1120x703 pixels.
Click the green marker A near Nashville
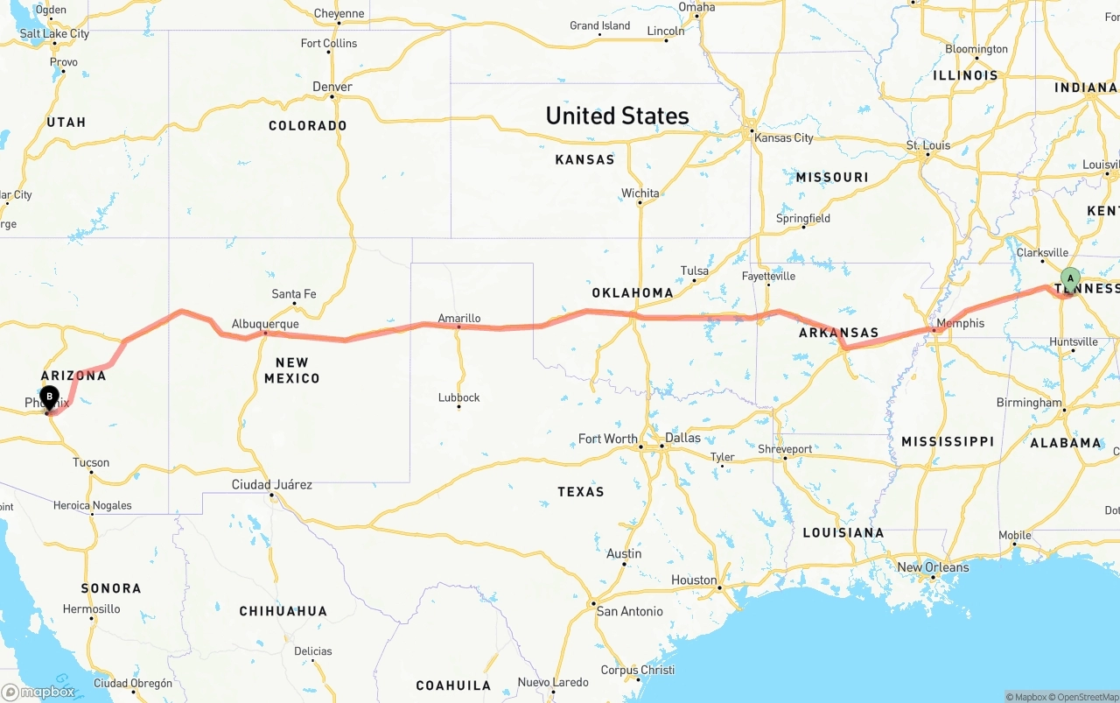point(1069,279)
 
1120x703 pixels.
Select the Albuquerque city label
point(265,324)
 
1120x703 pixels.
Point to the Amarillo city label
point(459,319)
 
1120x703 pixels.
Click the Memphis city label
point(960,323)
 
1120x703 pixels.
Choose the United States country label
point(617,116)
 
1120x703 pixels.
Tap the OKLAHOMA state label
point(633,292)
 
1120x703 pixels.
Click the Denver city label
point(332,87)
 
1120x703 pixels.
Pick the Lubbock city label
point(459,397)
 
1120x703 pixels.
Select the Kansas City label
point(783,137)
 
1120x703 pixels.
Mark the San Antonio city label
point(629,611)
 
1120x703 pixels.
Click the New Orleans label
point(933,567)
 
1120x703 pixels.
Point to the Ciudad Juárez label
point(271,484)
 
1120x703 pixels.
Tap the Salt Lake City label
point(54,34)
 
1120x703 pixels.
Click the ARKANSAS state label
point(838,333)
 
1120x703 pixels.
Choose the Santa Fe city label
point(294,294)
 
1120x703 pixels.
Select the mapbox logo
point(38,692)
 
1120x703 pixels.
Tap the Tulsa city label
point(695,271)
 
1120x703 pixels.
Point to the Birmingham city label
point(1029,403)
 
